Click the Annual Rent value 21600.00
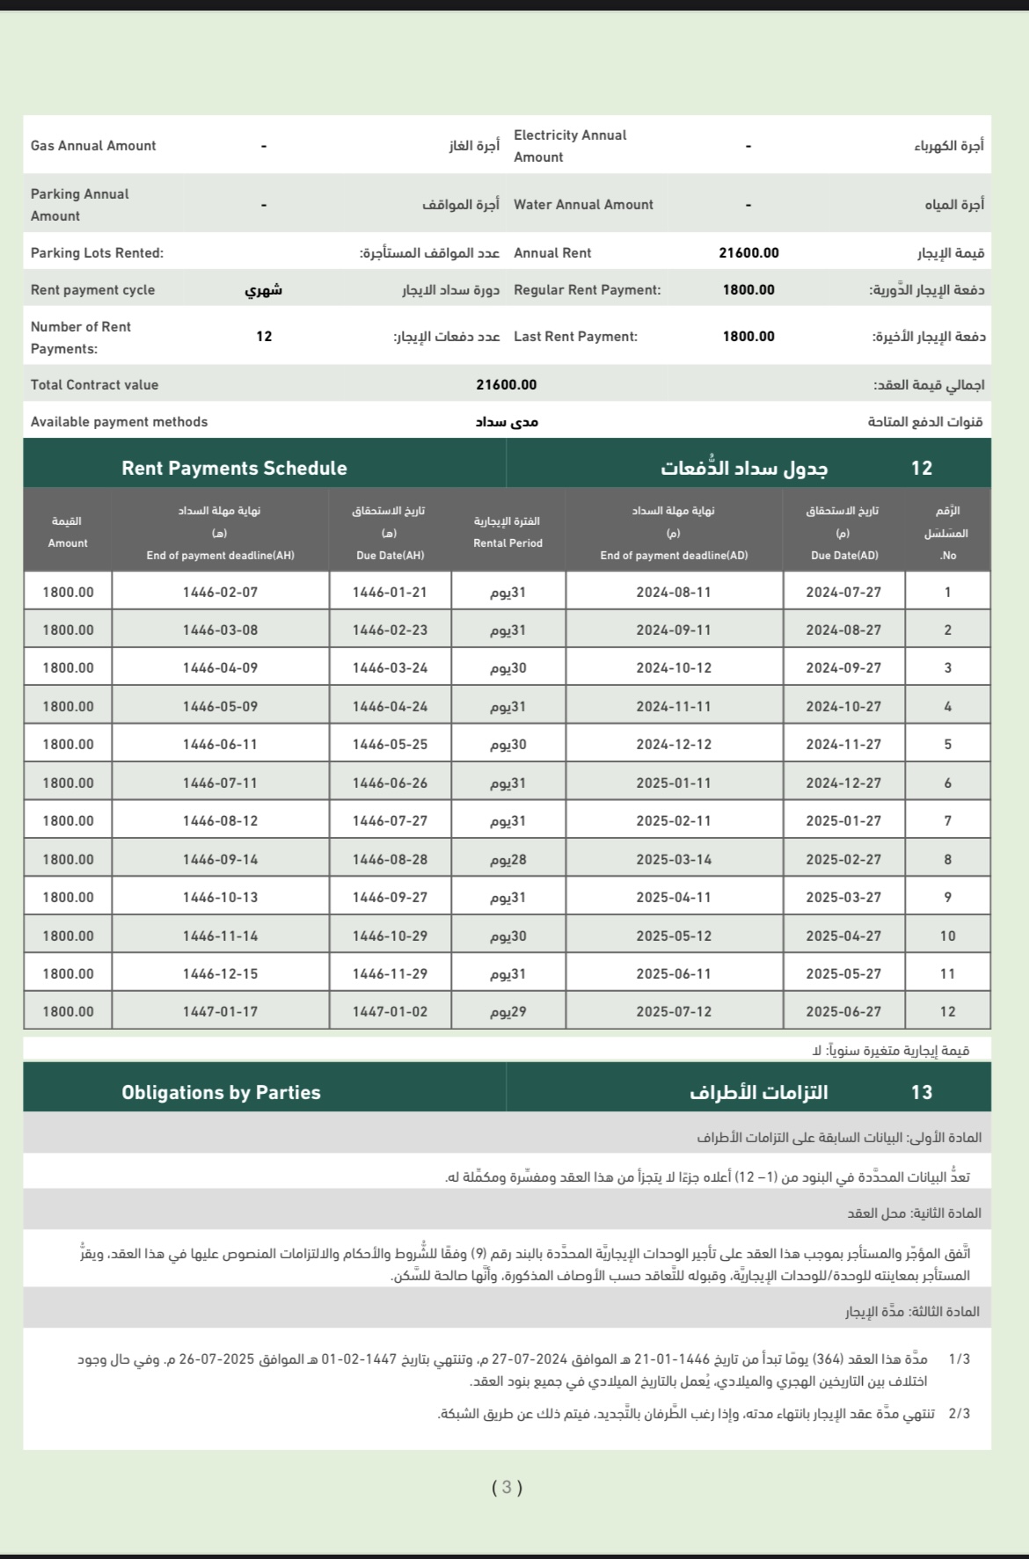pyautogui.click(x=748, y=253)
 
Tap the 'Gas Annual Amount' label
pyautogui.click(x=93, y=146)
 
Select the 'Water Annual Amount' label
pyautogui.click(x=583, y=205)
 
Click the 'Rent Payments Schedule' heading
pyautogui.click(x=234, y=468)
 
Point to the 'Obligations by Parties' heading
pyautogui.click(x=221, y=1092)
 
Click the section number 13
pyautogui.click(x=921, y=1092)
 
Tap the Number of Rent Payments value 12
pyautogui.click(x=264, y=337)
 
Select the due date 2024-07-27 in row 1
pyautogui.click(x=843, y=593)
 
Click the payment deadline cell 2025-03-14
pyautogui.click(x=674, y=860)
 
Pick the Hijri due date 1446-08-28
pyautogui.click(x=390, y=860)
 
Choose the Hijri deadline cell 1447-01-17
pyautogui.click(x=220, y=1012)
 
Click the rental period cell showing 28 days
pyautogui.click(x=507, y=860)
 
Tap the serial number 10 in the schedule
pyautogui.click(x=947, y=936)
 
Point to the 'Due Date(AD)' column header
pyautogui.click(x=843, y=556)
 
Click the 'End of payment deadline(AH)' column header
pyautogui.click(x=220, y=556)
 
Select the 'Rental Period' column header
pyautogui.click(x=507, y=543)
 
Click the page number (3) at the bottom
pyautogui.click(x=507, y=1488)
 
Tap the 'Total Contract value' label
pyautogui.click(x=94, y=385)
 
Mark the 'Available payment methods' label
pyautogui.click(x=119, y=422)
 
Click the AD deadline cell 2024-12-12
pyautogui.click(x=674, y=745)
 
